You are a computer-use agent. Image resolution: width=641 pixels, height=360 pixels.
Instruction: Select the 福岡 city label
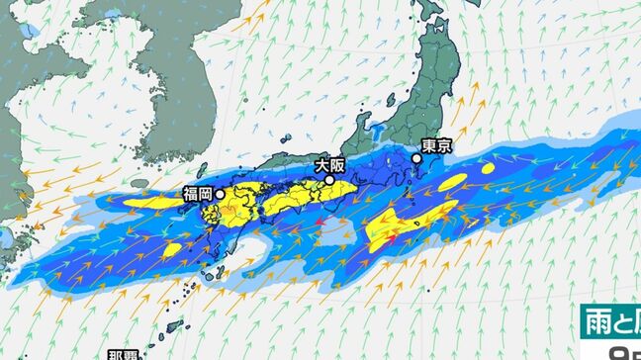pyautogui.click(x=198, y=194)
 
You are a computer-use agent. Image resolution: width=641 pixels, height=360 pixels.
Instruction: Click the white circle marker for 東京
pyautogui.click(x=417, y=158)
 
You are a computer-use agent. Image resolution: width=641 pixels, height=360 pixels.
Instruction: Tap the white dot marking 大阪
pyautogui.click(x=328, y=180)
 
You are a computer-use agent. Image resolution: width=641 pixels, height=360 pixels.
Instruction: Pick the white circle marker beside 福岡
pyautogui.click(x=219, y=195)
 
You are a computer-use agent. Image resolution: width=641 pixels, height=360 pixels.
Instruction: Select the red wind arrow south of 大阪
pyautogui.click(x=320, y=225)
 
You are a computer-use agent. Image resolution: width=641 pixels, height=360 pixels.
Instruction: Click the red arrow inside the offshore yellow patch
pyautogui.click(x=393, y=238)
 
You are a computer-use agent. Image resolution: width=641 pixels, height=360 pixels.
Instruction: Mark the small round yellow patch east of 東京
pyautogui.click(x=489, y=169)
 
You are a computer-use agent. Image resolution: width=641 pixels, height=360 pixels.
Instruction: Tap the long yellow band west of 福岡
pyautogui.click(x=148, y=202)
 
